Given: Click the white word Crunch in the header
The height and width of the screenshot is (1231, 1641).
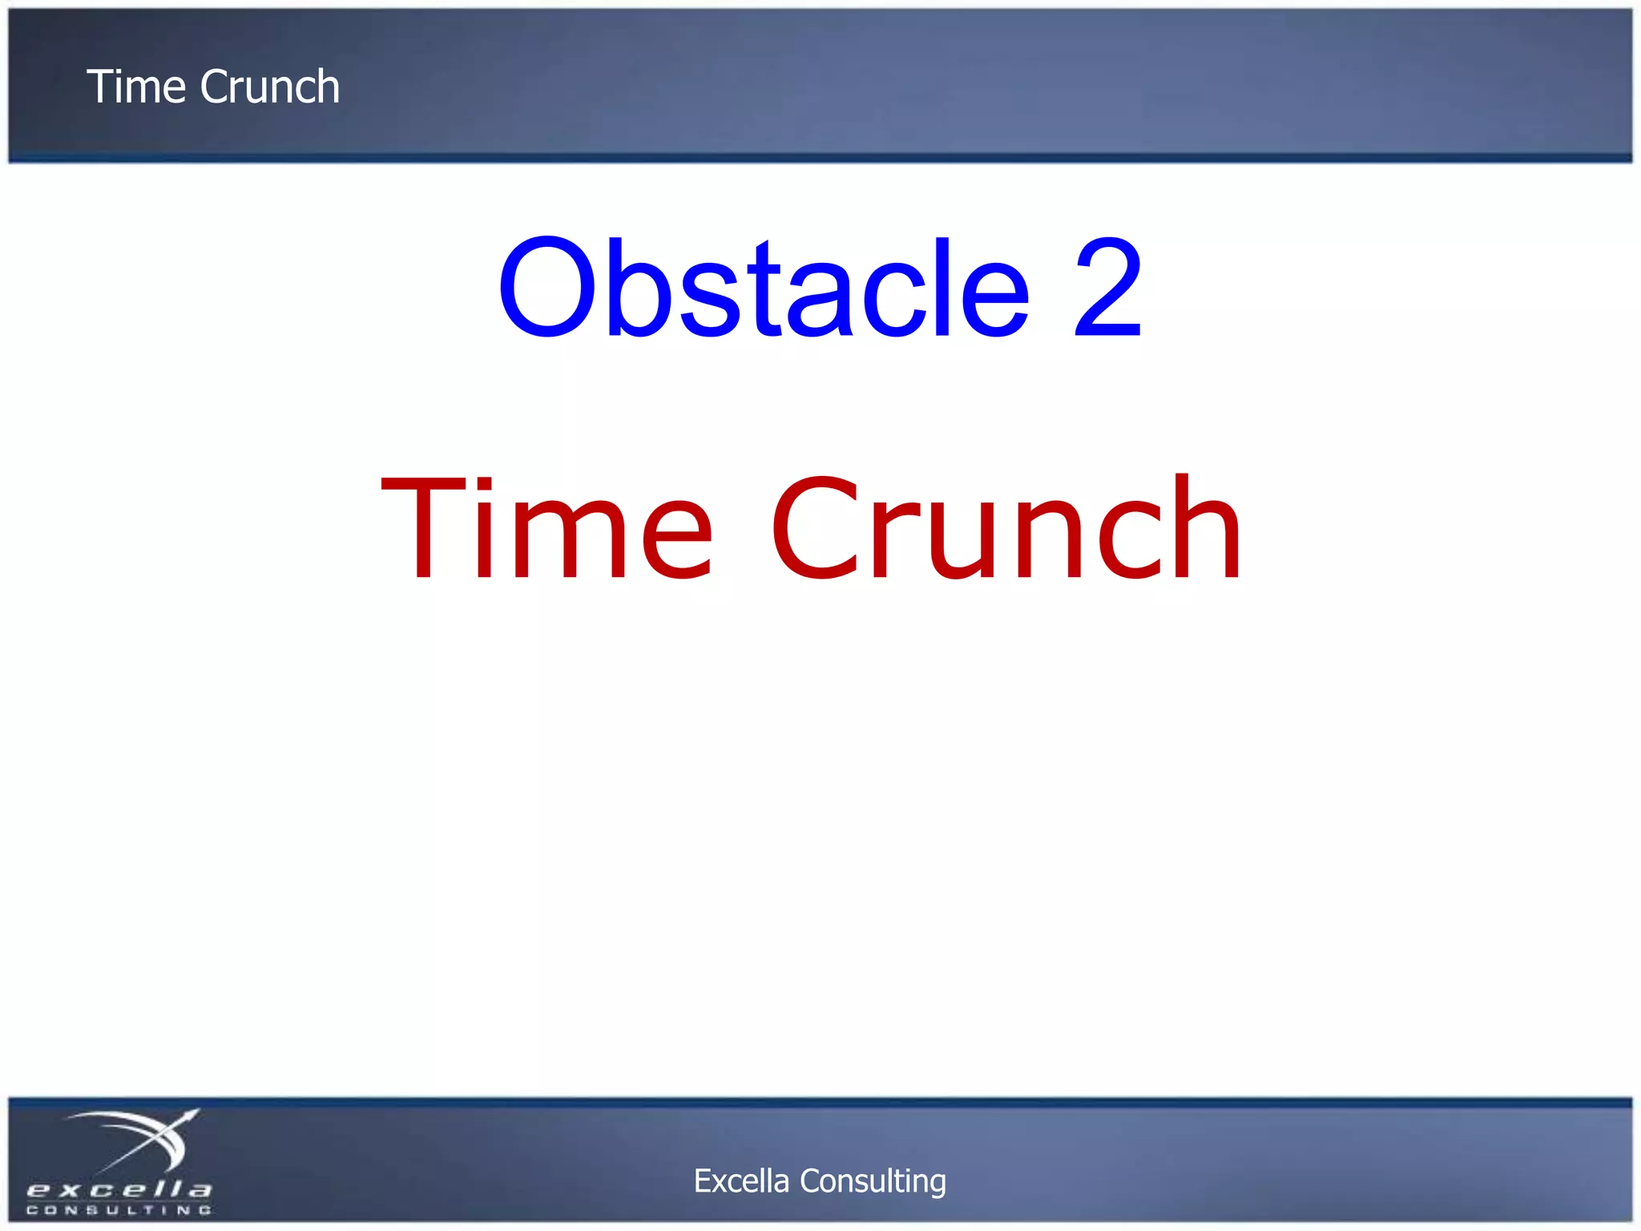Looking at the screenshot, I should tap(270, 87).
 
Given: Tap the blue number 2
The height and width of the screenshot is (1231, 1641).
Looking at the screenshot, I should tap(1108, 289).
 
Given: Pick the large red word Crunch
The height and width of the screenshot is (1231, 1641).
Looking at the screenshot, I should tap(1006, 529).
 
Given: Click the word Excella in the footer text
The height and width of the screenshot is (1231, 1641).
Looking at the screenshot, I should tap(741, 1181).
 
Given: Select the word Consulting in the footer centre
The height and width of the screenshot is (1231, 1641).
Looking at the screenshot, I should tap(873, 1181).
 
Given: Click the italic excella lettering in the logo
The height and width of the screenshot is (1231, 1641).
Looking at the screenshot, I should tap(119, 1189).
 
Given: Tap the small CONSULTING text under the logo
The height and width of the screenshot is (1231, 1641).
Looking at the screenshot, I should tap(119, 1210).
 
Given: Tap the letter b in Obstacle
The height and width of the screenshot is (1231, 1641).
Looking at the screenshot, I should tap(637, 289).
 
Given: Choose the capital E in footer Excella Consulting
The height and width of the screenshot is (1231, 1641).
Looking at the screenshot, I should tap(702, 1181).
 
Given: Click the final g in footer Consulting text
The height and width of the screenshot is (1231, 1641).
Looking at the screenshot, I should tap(938, 1185).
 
